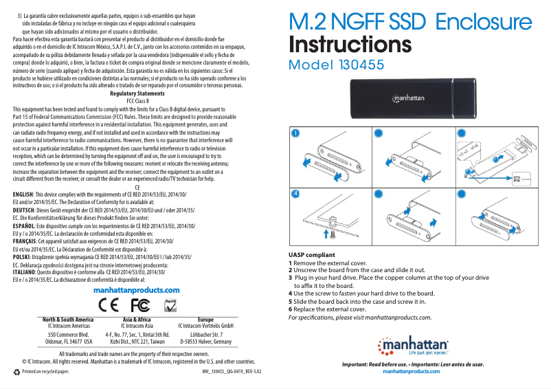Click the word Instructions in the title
pyautogui.click(x=350, y=45)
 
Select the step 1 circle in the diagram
pyautogui.click(x=294, y=133)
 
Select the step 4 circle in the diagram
pyautogui.click(x=294, y=194)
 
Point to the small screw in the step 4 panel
pyautogui.click(x=333, y=234)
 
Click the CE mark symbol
pyautogui.click(x=109, y=304)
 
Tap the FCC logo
pyautogui.click(x=139, y=304)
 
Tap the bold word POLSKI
pyautogui.click(x=23, y=256)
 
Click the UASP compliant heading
pyautogui.click(x=311, y=255)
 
